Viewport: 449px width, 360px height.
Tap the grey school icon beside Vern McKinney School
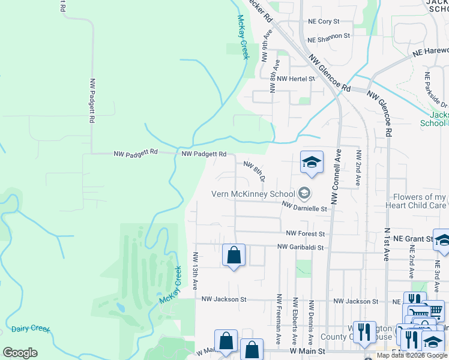point(304,193)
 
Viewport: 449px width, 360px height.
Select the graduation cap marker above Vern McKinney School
point(312,162)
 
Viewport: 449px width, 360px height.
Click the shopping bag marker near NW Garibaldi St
point(234,256)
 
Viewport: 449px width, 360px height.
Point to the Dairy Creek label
point(31,329)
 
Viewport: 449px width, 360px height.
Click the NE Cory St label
point(324,22)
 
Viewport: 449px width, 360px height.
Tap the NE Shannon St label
point(328,37)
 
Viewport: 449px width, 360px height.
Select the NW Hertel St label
point(296,79)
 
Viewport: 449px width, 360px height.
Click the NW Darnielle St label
point(307,208)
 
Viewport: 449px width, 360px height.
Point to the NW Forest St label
point(305,233)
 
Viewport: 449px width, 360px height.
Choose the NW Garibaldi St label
point(300,247)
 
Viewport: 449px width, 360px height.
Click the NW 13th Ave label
point(195,271)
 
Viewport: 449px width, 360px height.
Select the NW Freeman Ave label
point(279,319)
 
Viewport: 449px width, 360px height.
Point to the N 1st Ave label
point(386,245)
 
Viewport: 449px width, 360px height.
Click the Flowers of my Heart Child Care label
point(420,201)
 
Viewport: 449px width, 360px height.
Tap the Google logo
point(20,353)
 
